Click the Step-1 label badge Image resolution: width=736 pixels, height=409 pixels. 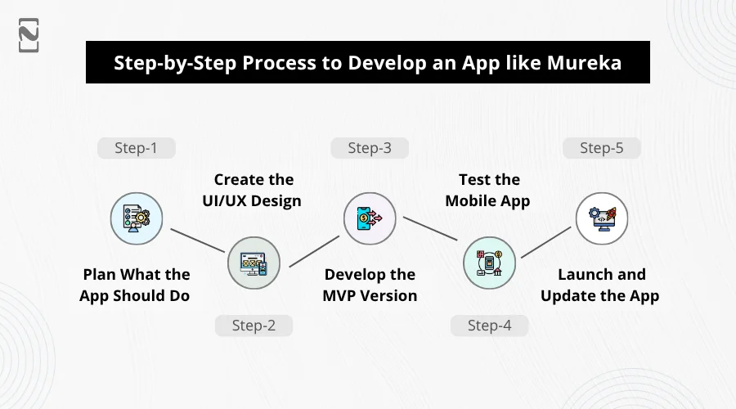click(136, 148)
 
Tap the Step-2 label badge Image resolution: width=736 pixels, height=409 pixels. click(254, 326)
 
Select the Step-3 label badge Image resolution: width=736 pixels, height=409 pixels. click(370, 148)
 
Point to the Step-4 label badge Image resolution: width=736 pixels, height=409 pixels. click(490, 326)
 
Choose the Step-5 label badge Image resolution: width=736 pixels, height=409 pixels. click(602, 148)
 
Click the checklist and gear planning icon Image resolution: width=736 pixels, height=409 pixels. click(137, 218)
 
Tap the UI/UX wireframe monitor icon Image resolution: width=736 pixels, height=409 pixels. click(254, 263)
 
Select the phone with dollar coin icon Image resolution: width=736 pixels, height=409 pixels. click(370, 218)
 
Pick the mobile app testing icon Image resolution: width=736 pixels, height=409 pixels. click(490, 263)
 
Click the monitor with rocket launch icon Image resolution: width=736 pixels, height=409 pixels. click(602, 218)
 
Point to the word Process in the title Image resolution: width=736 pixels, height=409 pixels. click(280, 62)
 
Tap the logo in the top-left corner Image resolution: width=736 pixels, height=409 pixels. click(29, 35)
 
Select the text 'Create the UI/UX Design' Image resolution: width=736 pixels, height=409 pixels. click(252, 190)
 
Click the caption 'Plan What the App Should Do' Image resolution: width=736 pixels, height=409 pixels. click(135, 285)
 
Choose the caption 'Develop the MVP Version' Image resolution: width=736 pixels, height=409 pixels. click(370, 285)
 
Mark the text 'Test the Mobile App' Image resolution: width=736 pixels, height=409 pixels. click(488, 190)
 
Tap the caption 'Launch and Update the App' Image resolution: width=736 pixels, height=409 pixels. click(600, 285)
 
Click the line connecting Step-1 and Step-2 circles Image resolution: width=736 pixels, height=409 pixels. click(198, 240)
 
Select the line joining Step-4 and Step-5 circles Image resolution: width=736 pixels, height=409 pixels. click(546, 242)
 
